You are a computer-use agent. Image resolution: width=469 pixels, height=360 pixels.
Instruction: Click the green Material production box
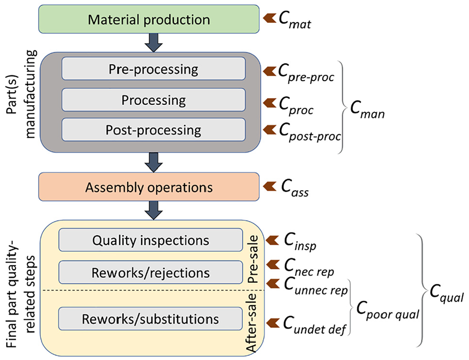click(x=149, y=19)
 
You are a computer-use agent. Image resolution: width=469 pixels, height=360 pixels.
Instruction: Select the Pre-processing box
click(x=153, y=69)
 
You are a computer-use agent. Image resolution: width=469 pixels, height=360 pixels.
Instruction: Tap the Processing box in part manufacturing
click(x=153, y=99)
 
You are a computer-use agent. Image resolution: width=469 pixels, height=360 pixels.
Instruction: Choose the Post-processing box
click(x=153, y=130)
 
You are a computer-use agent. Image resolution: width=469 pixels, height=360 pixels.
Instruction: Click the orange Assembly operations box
click(x=149, y=187)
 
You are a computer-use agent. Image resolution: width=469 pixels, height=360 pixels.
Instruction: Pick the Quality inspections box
click(x=151, y=240)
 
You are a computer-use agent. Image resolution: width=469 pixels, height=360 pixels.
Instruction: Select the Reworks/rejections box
click(x=151, y=272)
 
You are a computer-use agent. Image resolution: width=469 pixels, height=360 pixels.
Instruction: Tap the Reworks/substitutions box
click(x=150, y=319)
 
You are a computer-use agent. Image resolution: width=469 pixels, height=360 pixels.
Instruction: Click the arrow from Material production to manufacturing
click(x=153, y=43)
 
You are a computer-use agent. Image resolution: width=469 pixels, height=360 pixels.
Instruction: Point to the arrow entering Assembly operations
click(x=153, y=163)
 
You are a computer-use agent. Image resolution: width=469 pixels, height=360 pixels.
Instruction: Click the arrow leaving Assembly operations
click(x=153, y=210)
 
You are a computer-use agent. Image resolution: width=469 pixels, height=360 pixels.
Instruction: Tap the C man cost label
click(x=368, y=110)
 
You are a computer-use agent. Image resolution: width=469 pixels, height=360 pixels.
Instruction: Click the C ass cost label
click(x=295, y=188)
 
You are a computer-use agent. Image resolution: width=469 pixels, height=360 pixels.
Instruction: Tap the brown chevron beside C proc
click(x=269, y=103)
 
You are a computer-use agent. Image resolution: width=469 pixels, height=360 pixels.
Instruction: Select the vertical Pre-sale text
click(x=253, y=259)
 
